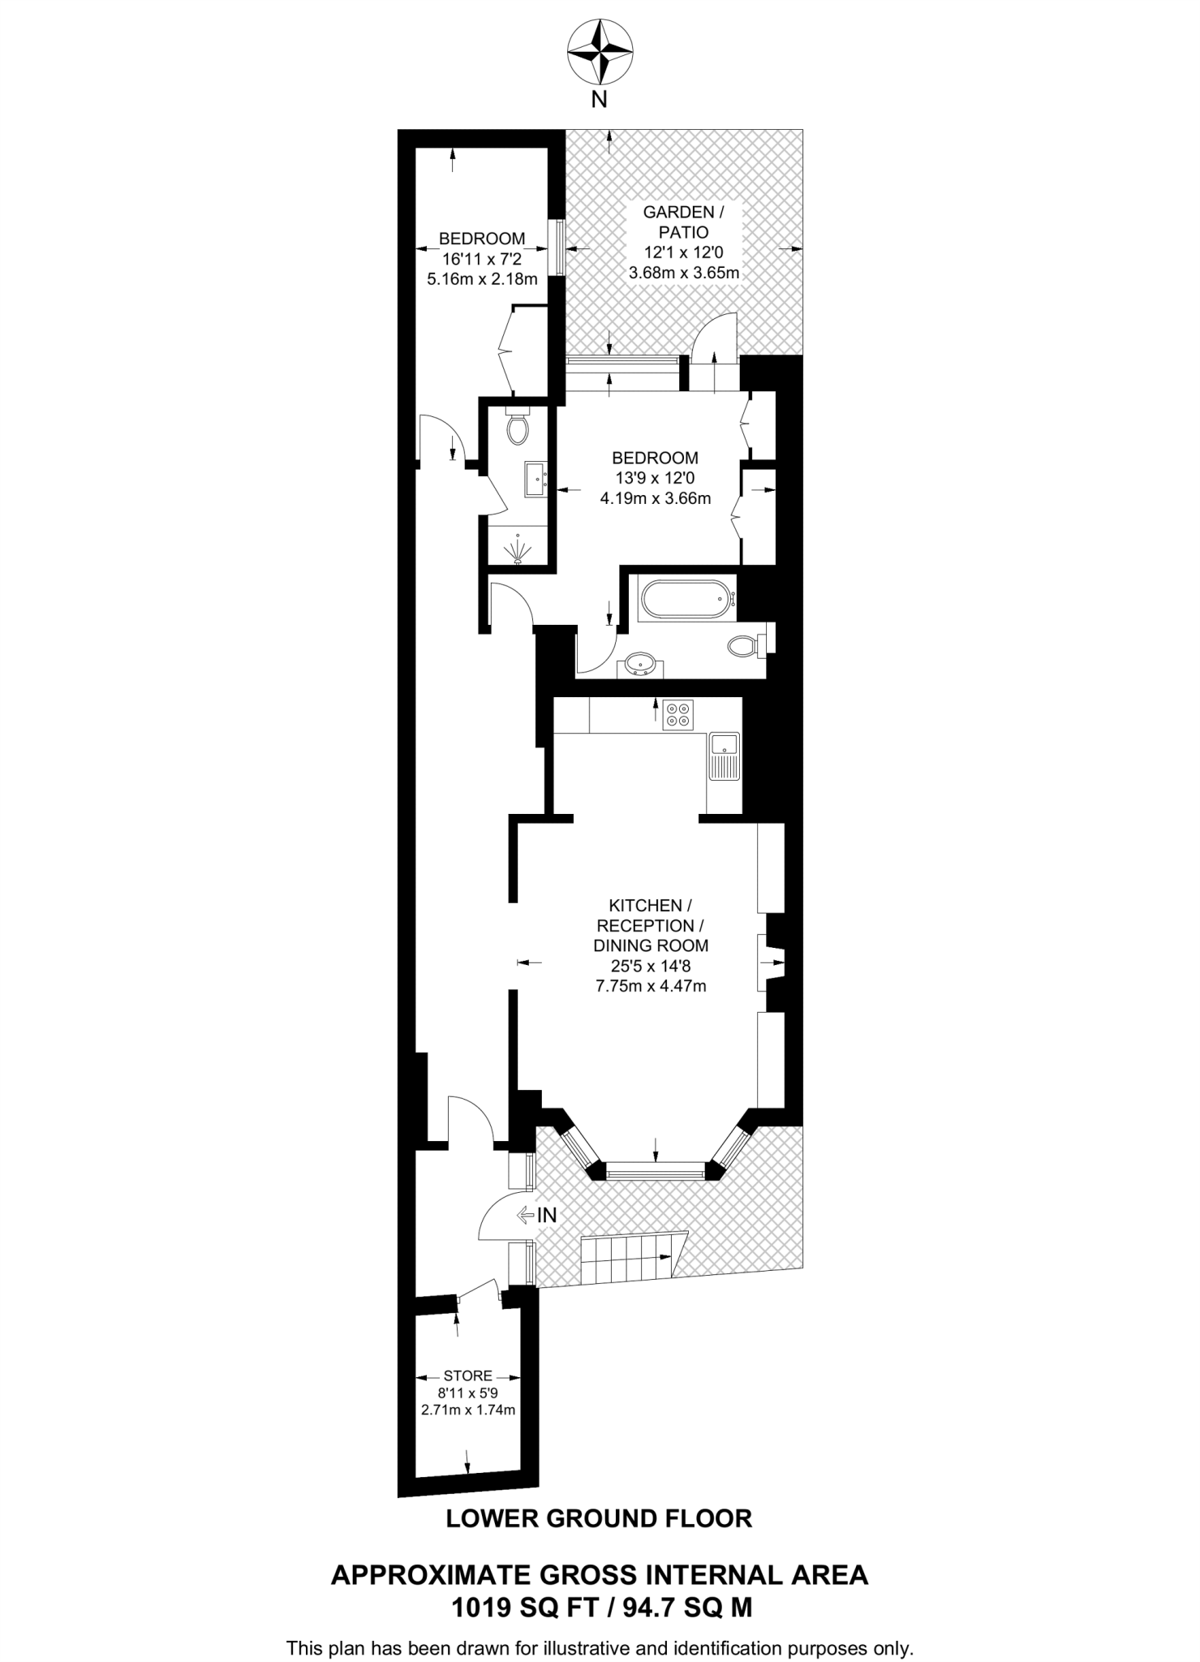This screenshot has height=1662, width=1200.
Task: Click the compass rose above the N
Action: pos(600,53)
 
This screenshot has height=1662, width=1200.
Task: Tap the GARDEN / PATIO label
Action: pos(683,222)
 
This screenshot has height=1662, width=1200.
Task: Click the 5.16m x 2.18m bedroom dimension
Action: pos(482,280)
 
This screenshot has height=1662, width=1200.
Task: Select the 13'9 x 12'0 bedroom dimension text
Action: pos(655,479)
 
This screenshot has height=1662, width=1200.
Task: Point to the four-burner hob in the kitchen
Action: pos(678,713)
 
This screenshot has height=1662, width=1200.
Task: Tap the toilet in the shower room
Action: pos(518,428)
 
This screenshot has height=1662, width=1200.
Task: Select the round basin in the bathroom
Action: pos(641,663)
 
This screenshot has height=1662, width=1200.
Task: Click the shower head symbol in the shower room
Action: pos(518,553)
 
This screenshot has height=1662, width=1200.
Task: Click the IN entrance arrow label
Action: pos(538,1215)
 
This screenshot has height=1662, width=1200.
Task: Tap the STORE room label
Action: pos(467,1376)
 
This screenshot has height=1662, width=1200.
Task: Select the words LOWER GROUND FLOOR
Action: pos(599,1518)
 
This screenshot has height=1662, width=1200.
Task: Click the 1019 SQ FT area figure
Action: pos(525,1608)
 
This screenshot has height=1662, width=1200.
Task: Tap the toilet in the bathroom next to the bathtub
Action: pos(742,646)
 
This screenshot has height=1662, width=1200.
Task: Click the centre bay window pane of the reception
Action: pos(655,1171)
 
